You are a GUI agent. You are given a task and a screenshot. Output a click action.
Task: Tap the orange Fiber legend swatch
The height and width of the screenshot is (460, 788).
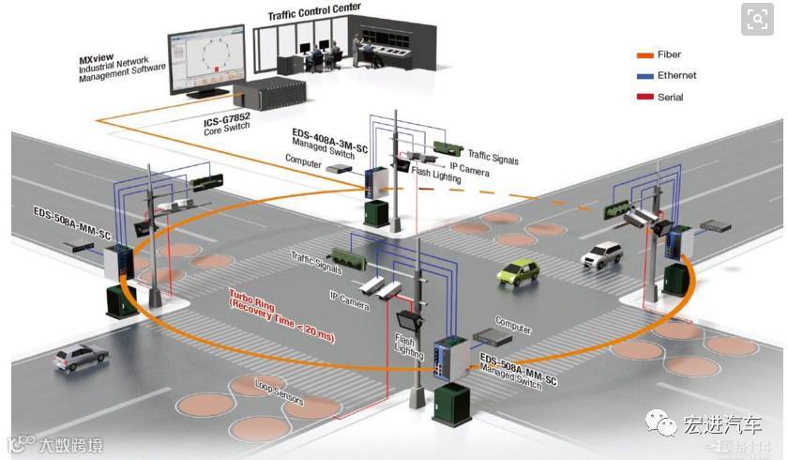click(644, 54)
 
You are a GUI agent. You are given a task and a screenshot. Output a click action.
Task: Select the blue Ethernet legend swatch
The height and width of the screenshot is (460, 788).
click(644, 76)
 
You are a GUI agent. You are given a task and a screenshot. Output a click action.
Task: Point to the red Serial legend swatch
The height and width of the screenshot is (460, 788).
click(644, 98)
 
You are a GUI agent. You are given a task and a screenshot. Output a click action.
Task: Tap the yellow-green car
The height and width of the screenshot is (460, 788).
click(518, 272)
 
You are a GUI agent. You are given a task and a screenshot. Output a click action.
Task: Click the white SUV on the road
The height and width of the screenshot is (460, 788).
click(601, 253)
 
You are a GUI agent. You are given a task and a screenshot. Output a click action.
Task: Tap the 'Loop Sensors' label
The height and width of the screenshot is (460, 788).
click(279, 392)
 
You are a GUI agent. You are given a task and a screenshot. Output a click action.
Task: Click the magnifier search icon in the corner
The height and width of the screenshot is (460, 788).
click(757, 19)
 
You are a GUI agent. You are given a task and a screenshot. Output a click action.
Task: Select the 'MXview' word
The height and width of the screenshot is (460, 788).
click(98, 58)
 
